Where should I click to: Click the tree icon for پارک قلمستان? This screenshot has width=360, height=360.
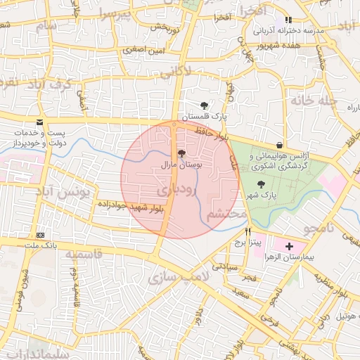coord(204,104)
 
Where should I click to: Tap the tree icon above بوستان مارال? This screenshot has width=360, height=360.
coord(181,153)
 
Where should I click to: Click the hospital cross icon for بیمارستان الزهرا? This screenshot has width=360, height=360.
coord(290,246)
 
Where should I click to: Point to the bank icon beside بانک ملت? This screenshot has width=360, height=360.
coord(41,234)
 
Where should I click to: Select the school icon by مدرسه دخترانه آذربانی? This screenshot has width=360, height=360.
coord(288,20)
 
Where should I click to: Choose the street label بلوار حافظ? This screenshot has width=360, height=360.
coord(214,131)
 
